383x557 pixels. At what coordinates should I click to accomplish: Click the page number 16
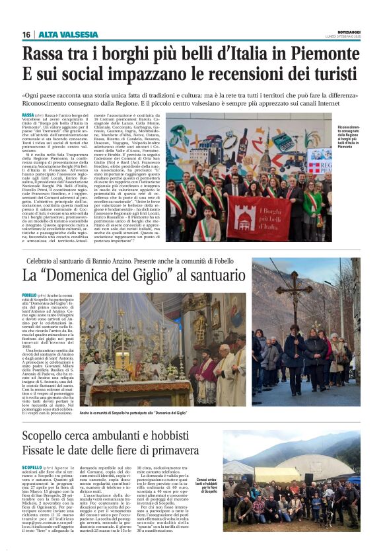click(26, 34)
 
